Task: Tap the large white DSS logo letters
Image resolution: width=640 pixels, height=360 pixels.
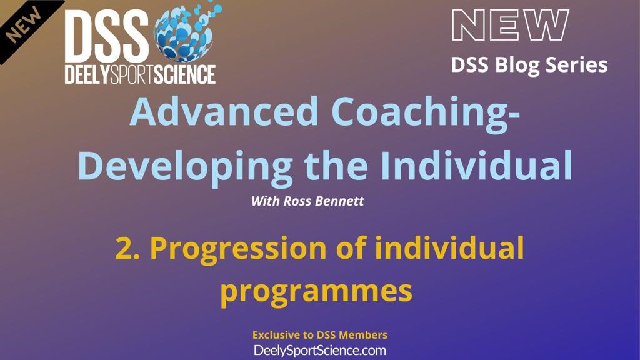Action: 106,36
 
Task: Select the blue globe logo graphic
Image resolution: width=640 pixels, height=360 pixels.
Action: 186,32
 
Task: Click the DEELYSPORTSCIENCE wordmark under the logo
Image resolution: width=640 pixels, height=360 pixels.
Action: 140,74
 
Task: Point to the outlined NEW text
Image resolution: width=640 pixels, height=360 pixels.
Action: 510,25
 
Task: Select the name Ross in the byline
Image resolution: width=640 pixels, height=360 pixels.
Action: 297,201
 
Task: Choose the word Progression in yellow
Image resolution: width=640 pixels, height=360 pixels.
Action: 238,249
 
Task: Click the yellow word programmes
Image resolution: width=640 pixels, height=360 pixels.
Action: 316,292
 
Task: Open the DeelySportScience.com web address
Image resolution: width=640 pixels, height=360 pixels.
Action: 320,351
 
